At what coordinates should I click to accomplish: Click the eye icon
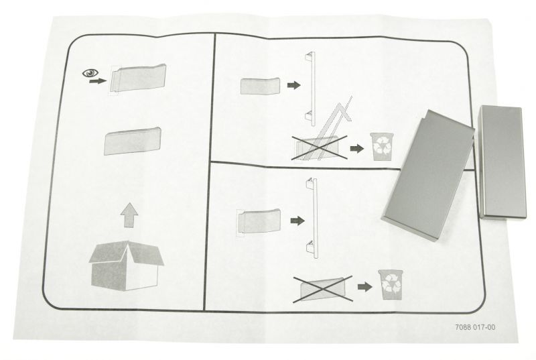[90, 73]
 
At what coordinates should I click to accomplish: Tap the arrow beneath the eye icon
[98, 81]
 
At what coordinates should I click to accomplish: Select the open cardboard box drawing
[126, 266]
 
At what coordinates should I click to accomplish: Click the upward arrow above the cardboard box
[129, 215]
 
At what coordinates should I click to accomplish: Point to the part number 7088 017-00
[475, 327]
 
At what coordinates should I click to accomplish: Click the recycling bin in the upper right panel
[382, 146]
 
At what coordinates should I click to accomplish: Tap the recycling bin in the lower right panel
[390, 284]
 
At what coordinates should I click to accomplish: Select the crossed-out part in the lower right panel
[323, 290]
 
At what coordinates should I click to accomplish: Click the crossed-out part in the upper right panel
[319, 147]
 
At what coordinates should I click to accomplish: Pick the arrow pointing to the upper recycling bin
[357, 149]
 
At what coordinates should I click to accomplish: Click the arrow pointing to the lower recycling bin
[364, 287]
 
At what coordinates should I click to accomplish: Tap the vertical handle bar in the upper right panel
[310, 89]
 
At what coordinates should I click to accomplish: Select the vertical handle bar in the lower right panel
[312, 218]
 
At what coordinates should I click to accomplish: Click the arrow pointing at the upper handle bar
[293, 85]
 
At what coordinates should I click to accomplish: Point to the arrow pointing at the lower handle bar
[297, 221]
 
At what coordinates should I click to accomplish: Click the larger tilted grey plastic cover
[428, 175]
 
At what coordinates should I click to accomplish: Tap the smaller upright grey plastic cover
[501, 162]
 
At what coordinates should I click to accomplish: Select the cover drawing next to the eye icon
[138, 78]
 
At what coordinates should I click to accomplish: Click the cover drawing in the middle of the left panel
[132, 141]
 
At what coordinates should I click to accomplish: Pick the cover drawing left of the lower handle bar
[259, 221]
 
